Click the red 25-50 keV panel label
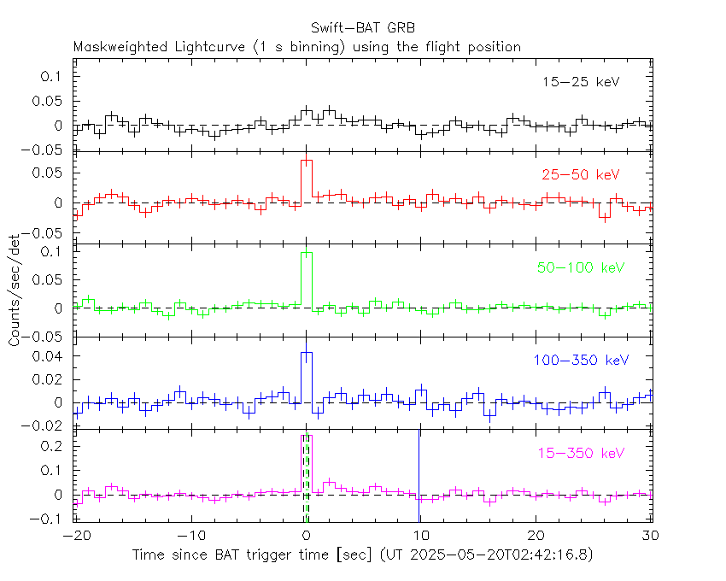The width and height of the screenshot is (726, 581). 580,175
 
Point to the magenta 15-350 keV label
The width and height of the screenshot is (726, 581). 580,452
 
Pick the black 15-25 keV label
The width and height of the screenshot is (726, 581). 580,83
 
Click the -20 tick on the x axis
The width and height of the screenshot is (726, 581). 77,536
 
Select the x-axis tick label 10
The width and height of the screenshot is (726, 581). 421,536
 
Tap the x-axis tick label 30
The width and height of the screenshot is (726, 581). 652,536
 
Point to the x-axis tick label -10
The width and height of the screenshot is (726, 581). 191,536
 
